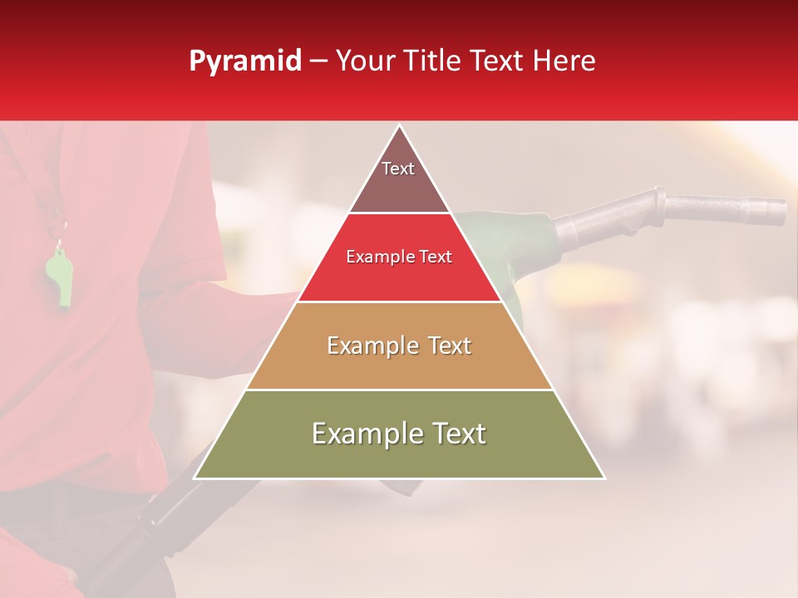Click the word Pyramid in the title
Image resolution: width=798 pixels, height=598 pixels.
pyautogui.click(x=245, y=61)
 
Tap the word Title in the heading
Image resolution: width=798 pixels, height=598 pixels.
pyautogui.click(x=430, y=61)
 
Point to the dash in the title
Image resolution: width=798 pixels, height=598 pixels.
pyautogui.click(x=318, y=61)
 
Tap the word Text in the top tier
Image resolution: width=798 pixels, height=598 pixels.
pyautogui.click(x=398, y=169)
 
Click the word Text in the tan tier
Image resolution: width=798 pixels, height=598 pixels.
pyautogui.click(x=444, y=346)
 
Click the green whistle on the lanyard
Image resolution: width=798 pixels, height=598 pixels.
pyautogui.click(x=58, y=278)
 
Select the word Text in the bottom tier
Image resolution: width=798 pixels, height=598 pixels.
pyautogui.click(x=456, y=434)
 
